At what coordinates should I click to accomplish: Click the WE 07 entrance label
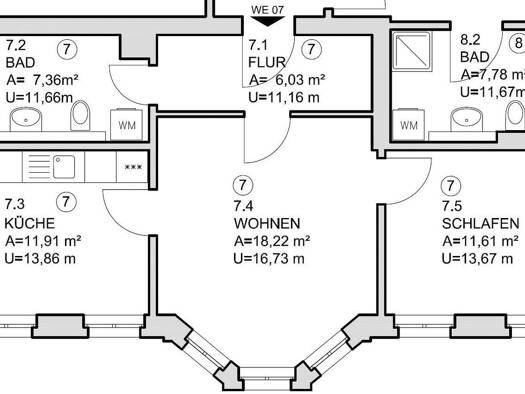point(267,10)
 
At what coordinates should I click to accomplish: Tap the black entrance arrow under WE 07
point(267,21)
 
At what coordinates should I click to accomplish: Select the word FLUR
point(267,62)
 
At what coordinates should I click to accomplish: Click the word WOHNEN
point(267,223)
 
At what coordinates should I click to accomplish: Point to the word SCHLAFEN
point(480,223)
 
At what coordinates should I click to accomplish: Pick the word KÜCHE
point(29,223)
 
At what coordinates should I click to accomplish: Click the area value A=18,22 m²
point(272,241)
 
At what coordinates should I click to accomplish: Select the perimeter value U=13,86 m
point(40,258)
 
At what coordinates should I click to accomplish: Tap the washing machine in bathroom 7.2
point(127,125)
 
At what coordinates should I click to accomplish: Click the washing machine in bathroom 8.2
point(408,125)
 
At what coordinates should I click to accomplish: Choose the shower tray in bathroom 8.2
point(412,51)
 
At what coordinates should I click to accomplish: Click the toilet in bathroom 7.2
point(80,115)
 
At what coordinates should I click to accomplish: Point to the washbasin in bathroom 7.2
point(26,120)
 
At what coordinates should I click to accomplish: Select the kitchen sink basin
point(64,167)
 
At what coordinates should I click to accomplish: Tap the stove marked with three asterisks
point(133,167)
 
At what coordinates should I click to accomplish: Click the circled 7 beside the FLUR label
point(311,49)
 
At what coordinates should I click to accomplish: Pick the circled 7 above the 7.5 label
point(451,185)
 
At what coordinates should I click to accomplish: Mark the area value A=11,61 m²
point(480,241)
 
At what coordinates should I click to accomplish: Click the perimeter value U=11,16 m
point(284,97)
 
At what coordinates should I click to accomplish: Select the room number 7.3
point(15,204)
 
